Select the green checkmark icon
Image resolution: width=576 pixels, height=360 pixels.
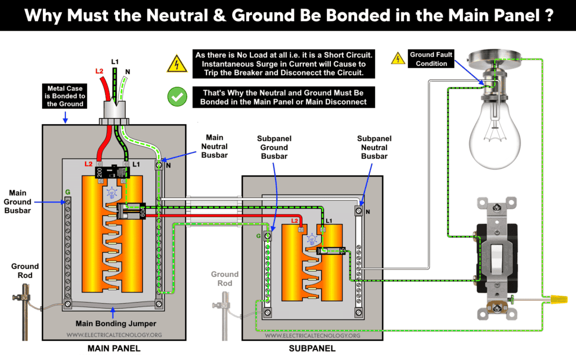178,97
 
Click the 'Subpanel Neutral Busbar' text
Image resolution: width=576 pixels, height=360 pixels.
375,147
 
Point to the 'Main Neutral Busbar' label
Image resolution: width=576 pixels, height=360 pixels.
214,146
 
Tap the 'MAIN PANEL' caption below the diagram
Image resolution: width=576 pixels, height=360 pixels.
114,349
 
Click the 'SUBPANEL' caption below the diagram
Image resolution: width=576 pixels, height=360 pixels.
312,349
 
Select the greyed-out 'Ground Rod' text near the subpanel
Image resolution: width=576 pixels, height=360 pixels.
224,278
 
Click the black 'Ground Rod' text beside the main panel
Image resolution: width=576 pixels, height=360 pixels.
25,271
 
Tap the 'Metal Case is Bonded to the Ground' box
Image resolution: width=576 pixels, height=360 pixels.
66,96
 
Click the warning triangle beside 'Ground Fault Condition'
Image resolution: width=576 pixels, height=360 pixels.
398,58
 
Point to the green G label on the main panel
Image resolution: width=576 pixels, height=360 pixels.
67,192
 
